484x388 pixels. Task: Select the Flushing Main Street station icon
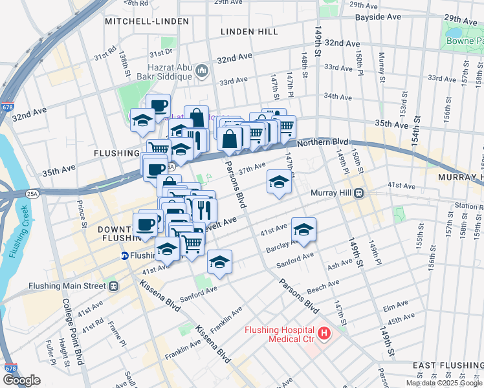click(113, 286)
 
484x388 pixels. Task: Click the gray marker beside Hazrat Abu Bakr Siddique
click(201, 70)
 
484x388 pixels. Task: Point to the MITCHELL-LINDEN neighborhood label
click(147, 21)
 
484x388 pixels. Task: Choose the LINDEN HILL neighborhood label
click(249, 31)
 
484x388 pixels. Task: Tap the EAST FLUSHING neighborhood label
click(448, 365)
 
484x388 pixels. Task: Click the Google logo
click(21, 380)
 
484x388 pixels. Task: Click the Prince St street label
click(82, 214)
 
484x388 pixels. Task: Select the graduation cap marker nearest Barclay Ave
click(303, 230)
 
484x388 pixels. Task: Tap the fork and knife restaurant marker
click(204, 209)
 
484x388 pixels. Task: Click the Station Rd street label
click(468, 206)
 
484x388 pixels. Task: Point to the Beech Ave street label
click(323, 284)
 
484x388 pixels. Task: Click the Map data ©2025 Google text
click(444, 383)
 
